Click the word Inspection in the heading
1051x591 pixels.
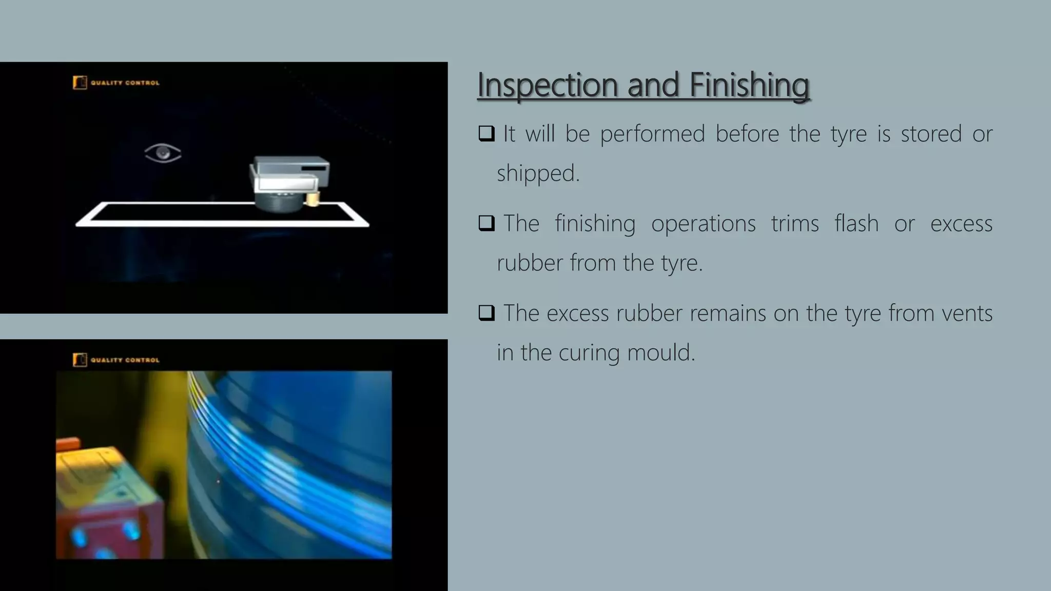tap(547, 85)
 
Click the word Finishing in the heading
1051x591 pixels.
tap(749, 85)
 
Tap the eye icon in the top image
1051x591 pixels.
tap(163, 153)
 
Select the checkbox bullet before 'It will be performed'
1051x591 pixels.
tap(486, 133)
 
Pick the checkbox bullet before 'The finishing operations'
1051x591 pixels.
tap(486, 223)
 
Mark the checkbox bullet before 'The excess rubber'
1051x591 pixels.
tap(486, 312)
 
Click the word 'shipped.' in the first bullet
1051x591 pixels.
tap(538, 173)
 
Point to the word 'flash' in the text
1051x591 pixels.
tap(856, 224)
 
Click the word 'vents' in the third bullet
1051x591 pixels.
tap(967, 313)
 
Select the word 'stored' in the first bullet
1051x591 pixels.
tap(931, 134)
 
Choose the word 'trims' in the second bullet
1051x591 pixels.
tap(795, 224)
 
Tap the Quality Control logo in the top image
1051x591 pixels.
tap(116, 83)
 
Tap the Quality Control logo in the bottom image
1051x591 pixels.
tap(116, 360)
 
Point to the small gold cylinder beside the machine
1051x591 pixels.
tap(313, 199)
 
